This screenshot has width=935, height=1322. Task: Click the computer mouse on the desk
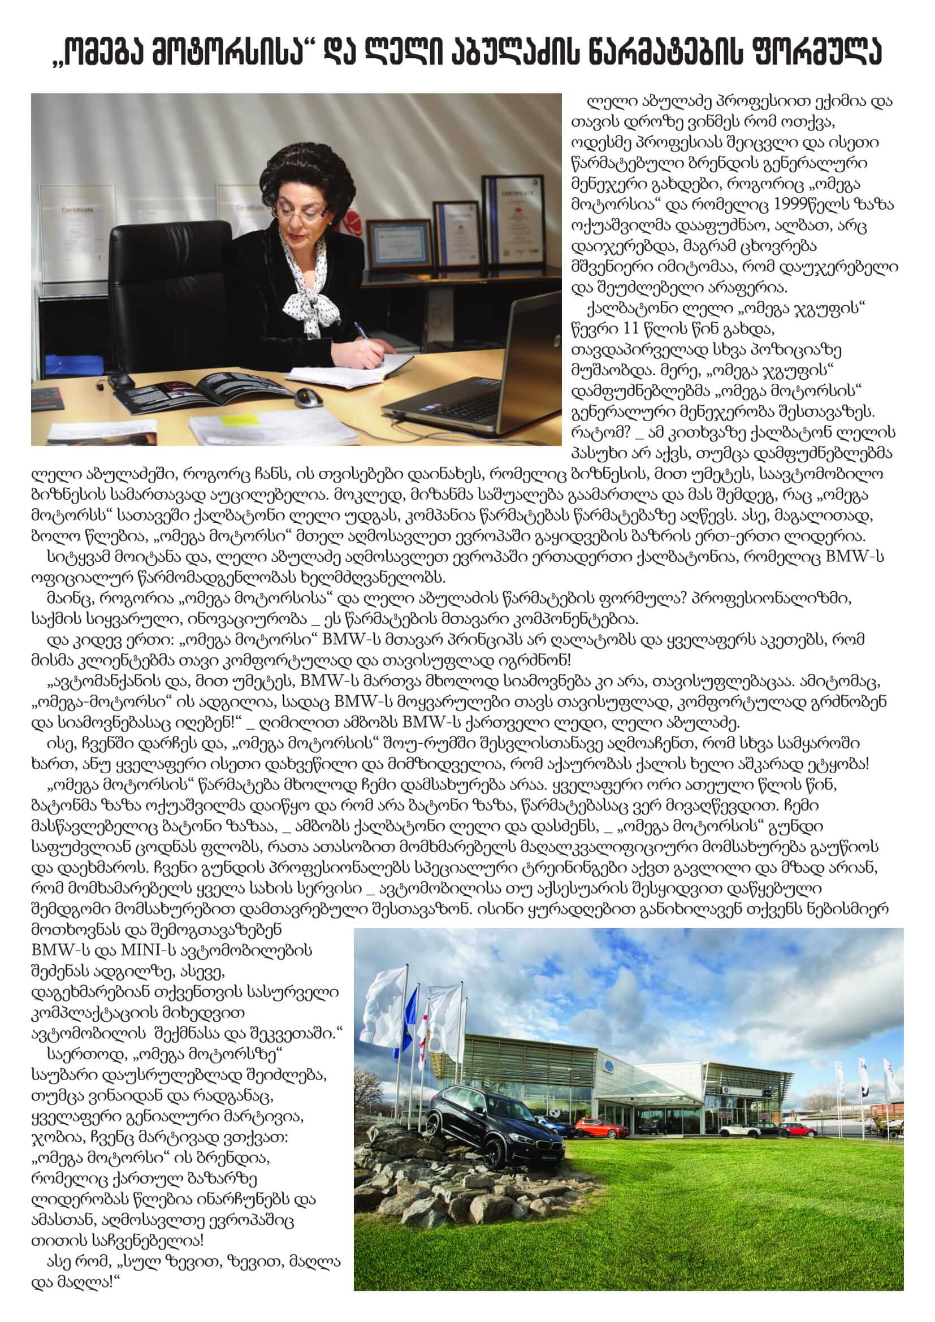click(308, 397)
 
